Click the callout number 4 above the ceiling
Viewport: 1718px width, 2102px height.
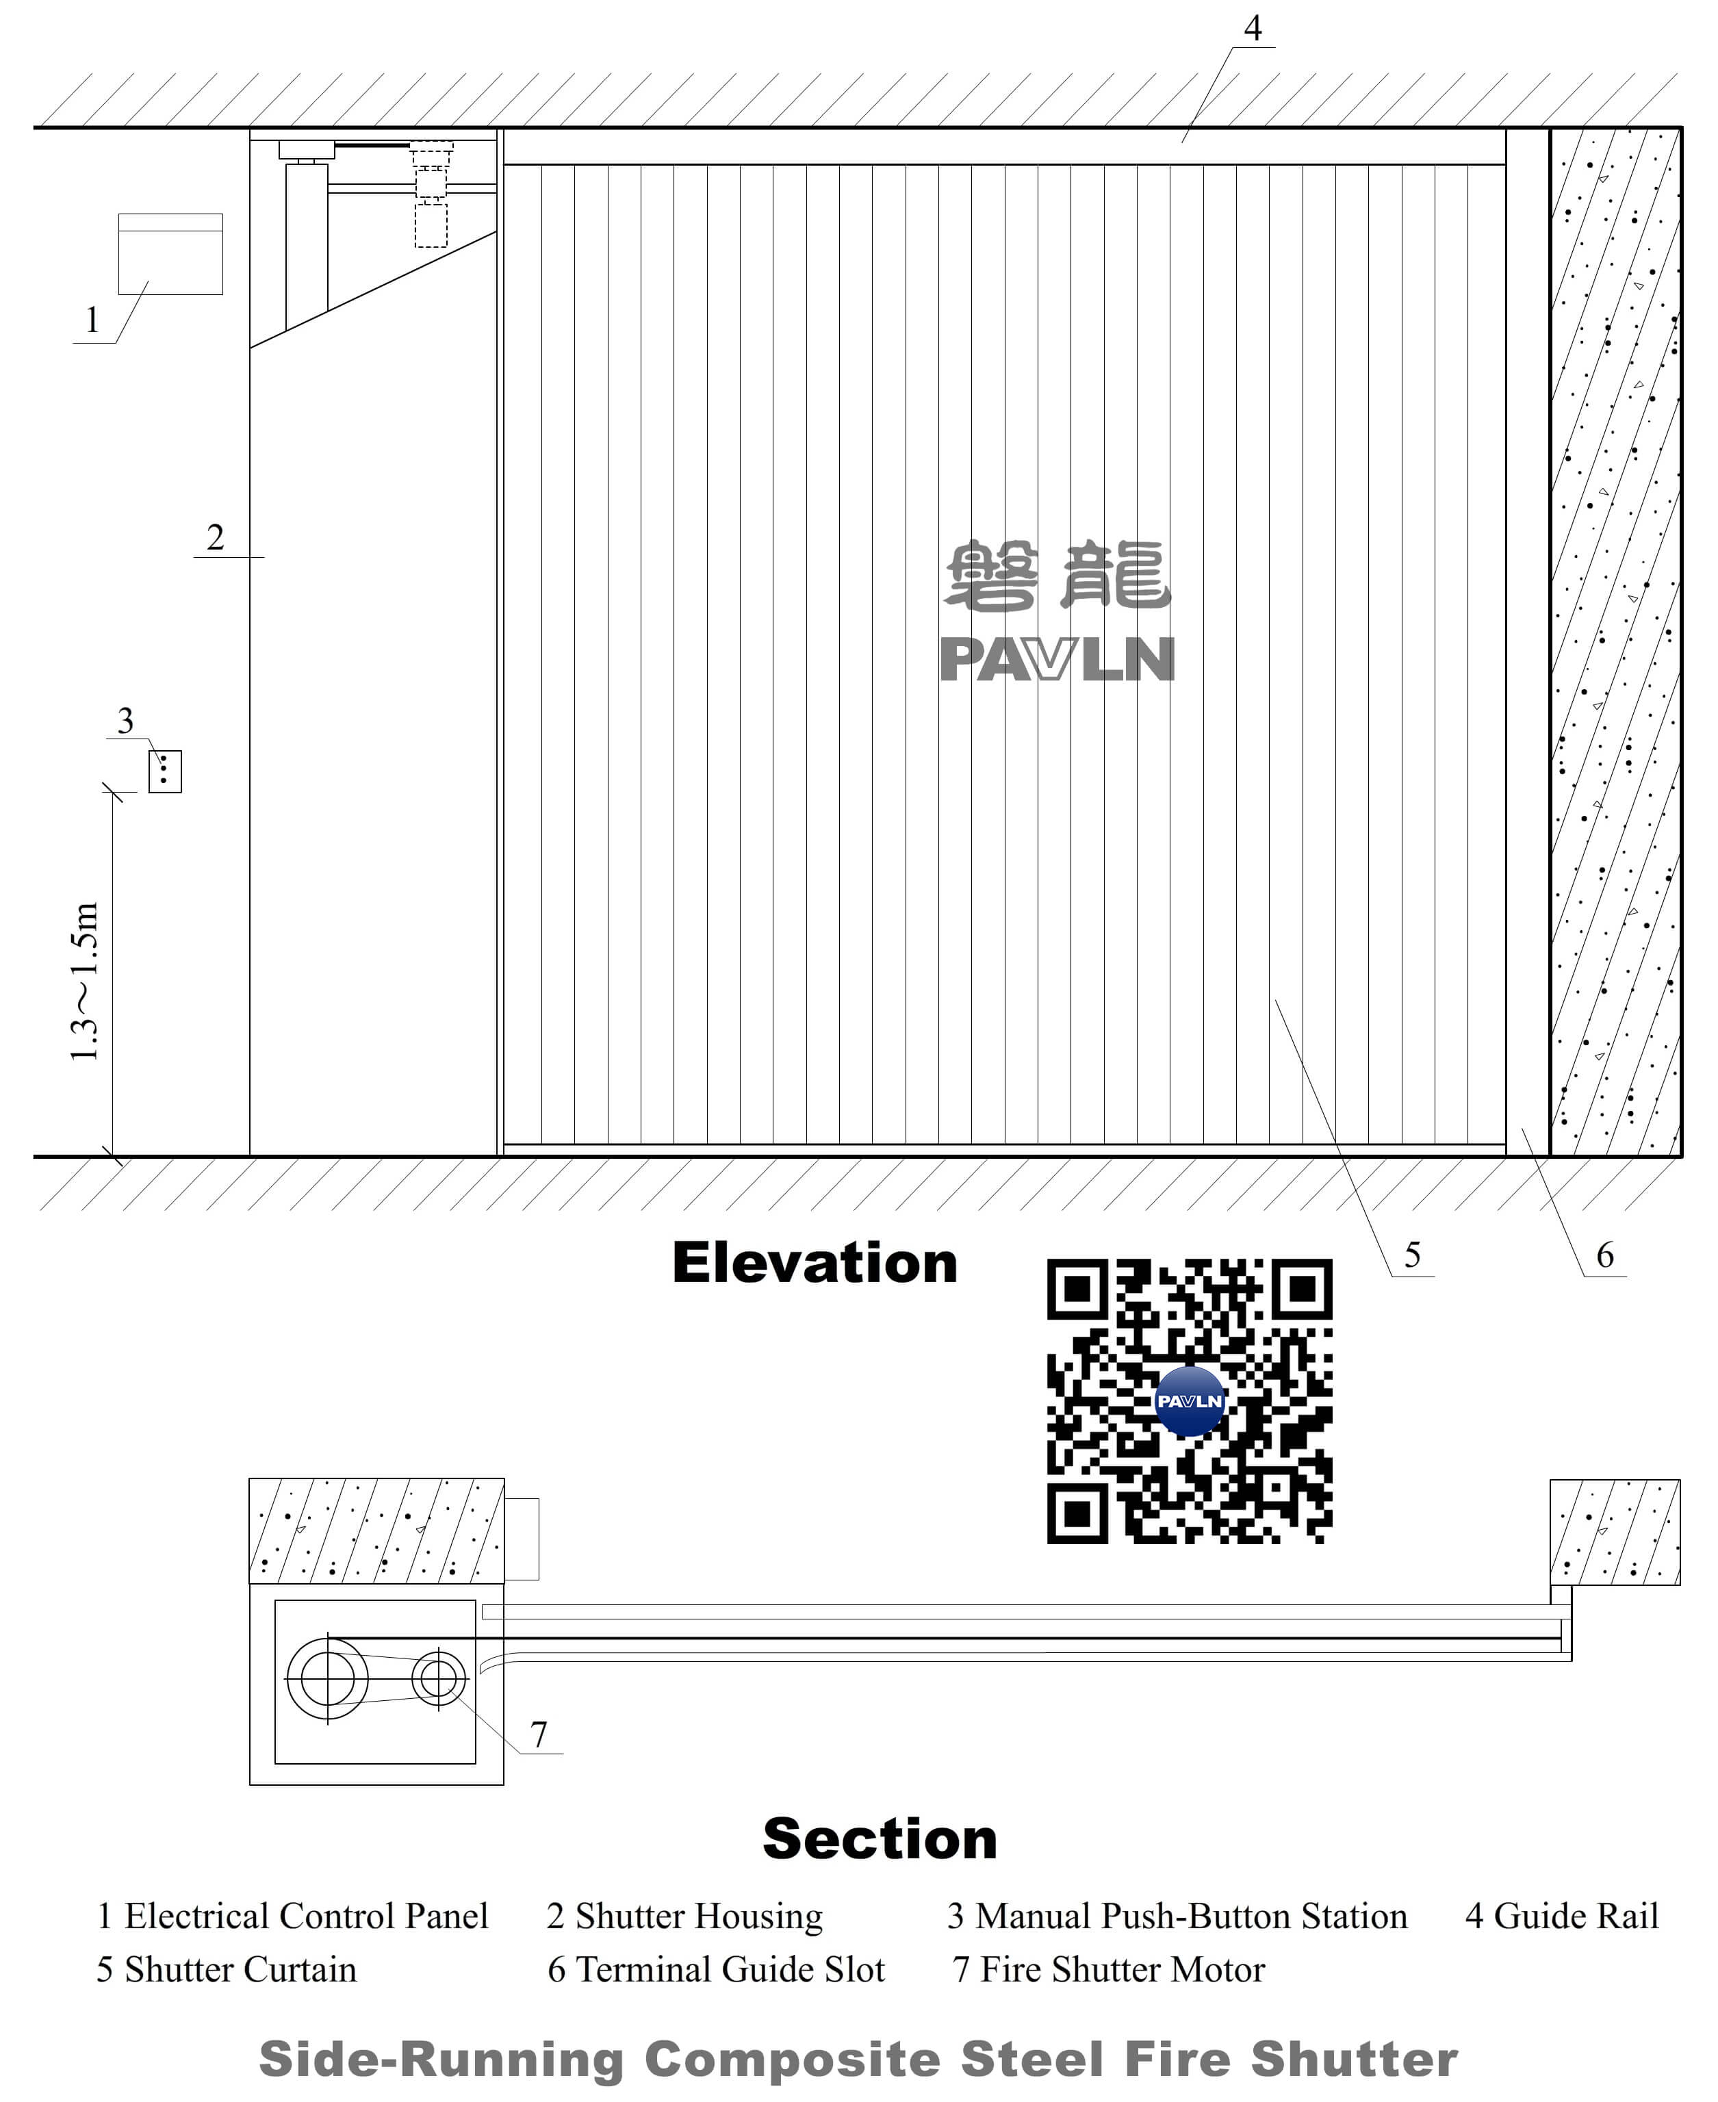1252,29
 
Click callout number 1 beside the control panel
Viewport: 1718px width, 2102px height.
92,320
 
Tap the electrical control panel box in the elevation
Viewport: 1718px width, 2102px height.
170,255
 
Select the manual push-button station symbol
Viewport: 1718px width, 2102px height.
165,771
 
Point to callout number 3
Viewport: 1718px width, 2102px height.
125,721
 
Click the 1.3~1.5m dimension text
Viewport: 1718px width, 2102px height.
85,982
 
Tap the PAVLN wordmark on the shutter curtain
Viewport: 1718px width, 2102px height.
1057,659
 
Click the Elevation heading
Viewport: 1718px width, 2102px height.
815,1264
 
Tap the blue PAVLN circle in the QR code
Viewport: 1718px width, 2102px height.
1190,1401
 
